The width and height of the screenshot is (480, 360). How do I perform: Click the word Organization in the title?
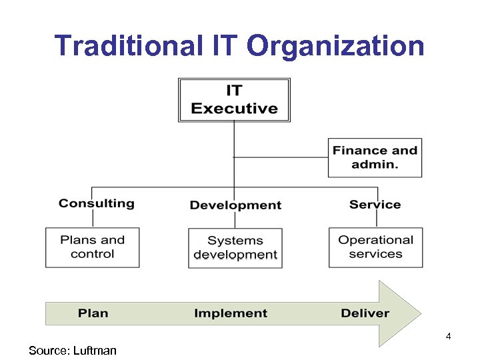click(x=335, y=46)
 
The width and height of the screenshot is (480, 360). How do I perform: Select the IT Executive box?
click(x=234, y=100)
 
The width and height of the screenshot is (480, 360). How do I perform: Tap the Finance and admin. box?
click(x=375, y=157)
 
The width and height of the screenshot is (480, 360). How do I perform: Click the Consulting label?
click(x=97, y=203)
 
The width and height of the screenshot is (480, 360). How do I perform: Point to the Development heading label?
click(x=235, y=205)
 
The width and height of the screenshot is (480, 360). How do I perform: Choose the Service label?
click(x=375, y=205)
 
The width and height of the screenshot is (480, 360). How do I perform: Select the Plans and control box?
click(x=92, y=247)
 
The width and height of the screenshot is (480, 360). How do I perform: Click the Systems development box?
click(x=235, y=248)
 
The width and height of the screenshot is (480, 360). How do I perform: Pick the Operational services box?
click(x=375, y=247)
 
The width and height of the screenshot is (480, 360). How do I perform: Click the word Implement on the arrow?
click(x=231, y=313)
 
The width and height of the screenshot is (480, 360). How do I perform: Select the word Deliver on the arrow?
click(x=365, y=313)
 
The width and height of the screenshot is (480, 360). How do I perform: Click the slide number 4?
click(x=449, y=336)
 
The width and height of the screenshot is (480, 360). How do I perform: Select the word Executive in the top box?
click(x=234, y=108)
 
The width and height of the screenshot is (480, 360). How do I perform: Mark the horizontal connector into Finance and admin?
click(x=281, y=157)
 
